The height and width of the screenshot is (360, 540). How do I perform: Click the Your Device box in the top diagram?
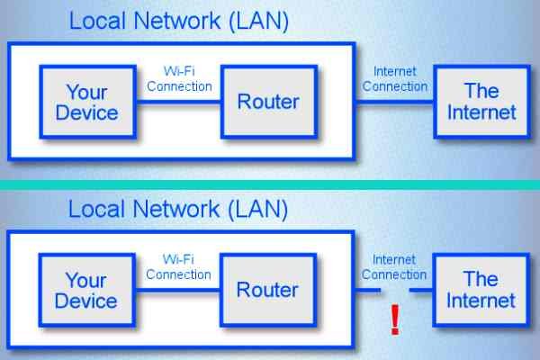point(86,101)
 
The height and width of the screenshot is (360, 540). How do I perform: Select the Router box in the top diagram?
point(268,101)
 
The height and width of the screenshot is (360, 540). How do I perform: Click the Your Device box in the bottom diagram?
point(86,291)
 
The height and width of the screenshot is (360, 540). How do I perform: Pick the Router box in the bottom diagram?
point(268,291)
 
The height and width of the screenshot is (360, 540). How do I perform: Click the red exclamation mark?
point(394,320)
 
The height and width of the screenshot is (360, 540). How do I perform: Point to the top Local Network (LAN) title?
point(178,20)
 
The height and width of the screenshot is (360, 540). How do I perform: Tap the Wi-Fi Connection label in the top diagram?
point(187,79)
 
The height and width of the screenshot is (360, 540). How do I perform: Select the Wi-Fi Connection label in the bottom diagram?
point(187,267)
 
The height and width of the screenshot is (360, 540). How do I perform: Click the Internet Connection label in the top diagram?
point(393,79)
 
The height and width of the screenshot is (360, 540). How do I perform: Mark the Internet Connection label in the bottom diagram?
point(393,267)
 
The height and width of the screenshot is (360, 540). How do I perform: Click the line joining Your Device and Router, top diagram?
point(178,102)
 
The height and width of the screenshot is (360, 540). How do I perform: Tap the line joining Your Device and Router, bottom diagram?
point(178,291)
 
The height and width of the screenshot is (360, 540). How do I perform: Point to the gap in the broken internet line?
point(395,290)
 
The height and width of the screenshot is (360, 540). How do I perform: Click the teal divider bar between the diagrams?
point(270,184)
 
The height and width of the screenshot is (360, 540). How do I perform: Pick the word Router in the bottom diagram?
point(268,291)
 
